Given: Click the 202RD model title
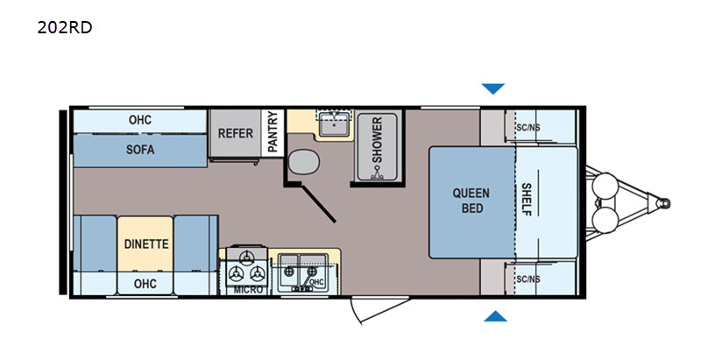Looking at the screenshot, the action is (x=65, y=28).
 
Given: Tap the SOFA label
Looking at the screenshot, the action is (x=140, y=150).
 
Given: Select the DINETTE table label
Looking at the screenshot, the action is (x=146, y=244).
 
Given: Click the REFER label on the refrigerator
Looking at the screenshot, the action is (x=235, y=133).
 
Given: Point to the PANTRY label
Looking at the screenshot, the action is (x=273, y=131).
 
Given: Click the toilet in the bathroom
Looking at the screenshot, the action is (x=303, y=162).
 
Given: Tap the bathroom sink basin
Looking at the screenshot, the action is (x=334, y=125).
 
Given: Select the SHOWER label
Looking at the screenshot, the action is (x=378, y=140).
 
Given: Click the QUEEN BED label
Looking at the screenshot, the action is (x=471, y=201).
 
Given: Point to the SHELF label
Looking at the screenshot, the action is (x=527, y=199).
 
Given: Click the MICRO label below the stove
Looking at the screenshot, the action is (x=249, y=289).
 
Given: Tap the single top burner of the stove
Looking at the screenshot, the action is (x=246, y=257).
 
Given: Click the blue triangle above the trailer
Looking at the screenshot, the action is (x=493, y=88).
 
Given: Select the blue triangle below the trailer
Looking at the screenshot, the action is (x=495, y=316).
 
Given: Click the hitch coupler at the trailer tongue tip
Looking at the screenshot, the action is (x=665, y=203).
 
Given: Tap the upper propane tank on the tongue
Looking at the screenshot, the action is (x=605, y=187).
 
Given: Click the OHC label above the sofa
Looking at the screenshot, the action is (x=140, y=120).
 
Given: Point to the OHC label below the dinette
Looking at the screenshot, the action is (x=145, y=284).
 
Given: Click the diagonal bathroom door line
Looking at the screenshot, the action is (x=318, y=203).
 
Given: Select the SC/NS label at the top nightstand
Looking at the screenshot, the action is (x=528, y=128).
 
